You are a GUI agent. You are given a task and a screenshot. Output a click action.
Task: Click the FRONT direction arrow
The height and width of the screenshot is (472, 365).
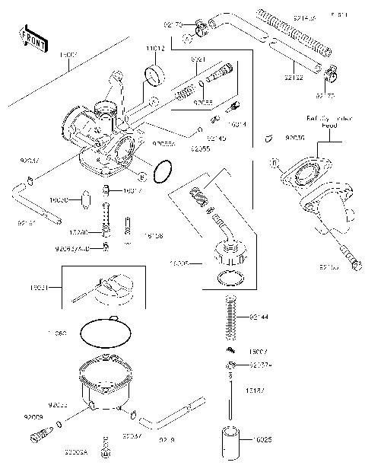coord(29,36)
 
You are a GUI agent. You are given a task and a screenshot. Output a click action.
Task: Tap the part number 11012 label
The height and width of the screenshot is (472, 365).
coord(155,48)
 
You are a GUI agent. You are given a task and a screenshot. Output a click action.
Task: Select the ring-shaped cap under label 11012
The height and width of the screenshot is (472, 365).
coord(156,76)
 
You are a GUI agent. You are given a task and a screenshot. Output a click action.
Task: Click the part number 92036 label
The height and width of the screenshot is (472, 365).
coord(295,139)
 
